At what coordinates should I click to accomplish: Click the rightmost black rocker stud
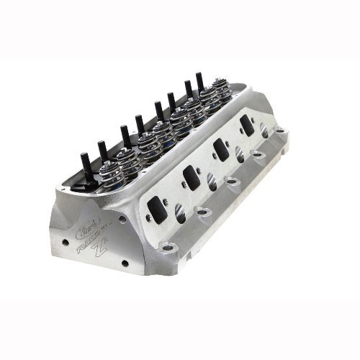(x=199, y=81)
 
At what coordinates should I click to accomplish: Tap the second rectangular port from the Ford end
(x=192, y=176)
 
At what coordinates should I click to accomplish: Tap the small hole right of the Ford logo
(x=121, y=218)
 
